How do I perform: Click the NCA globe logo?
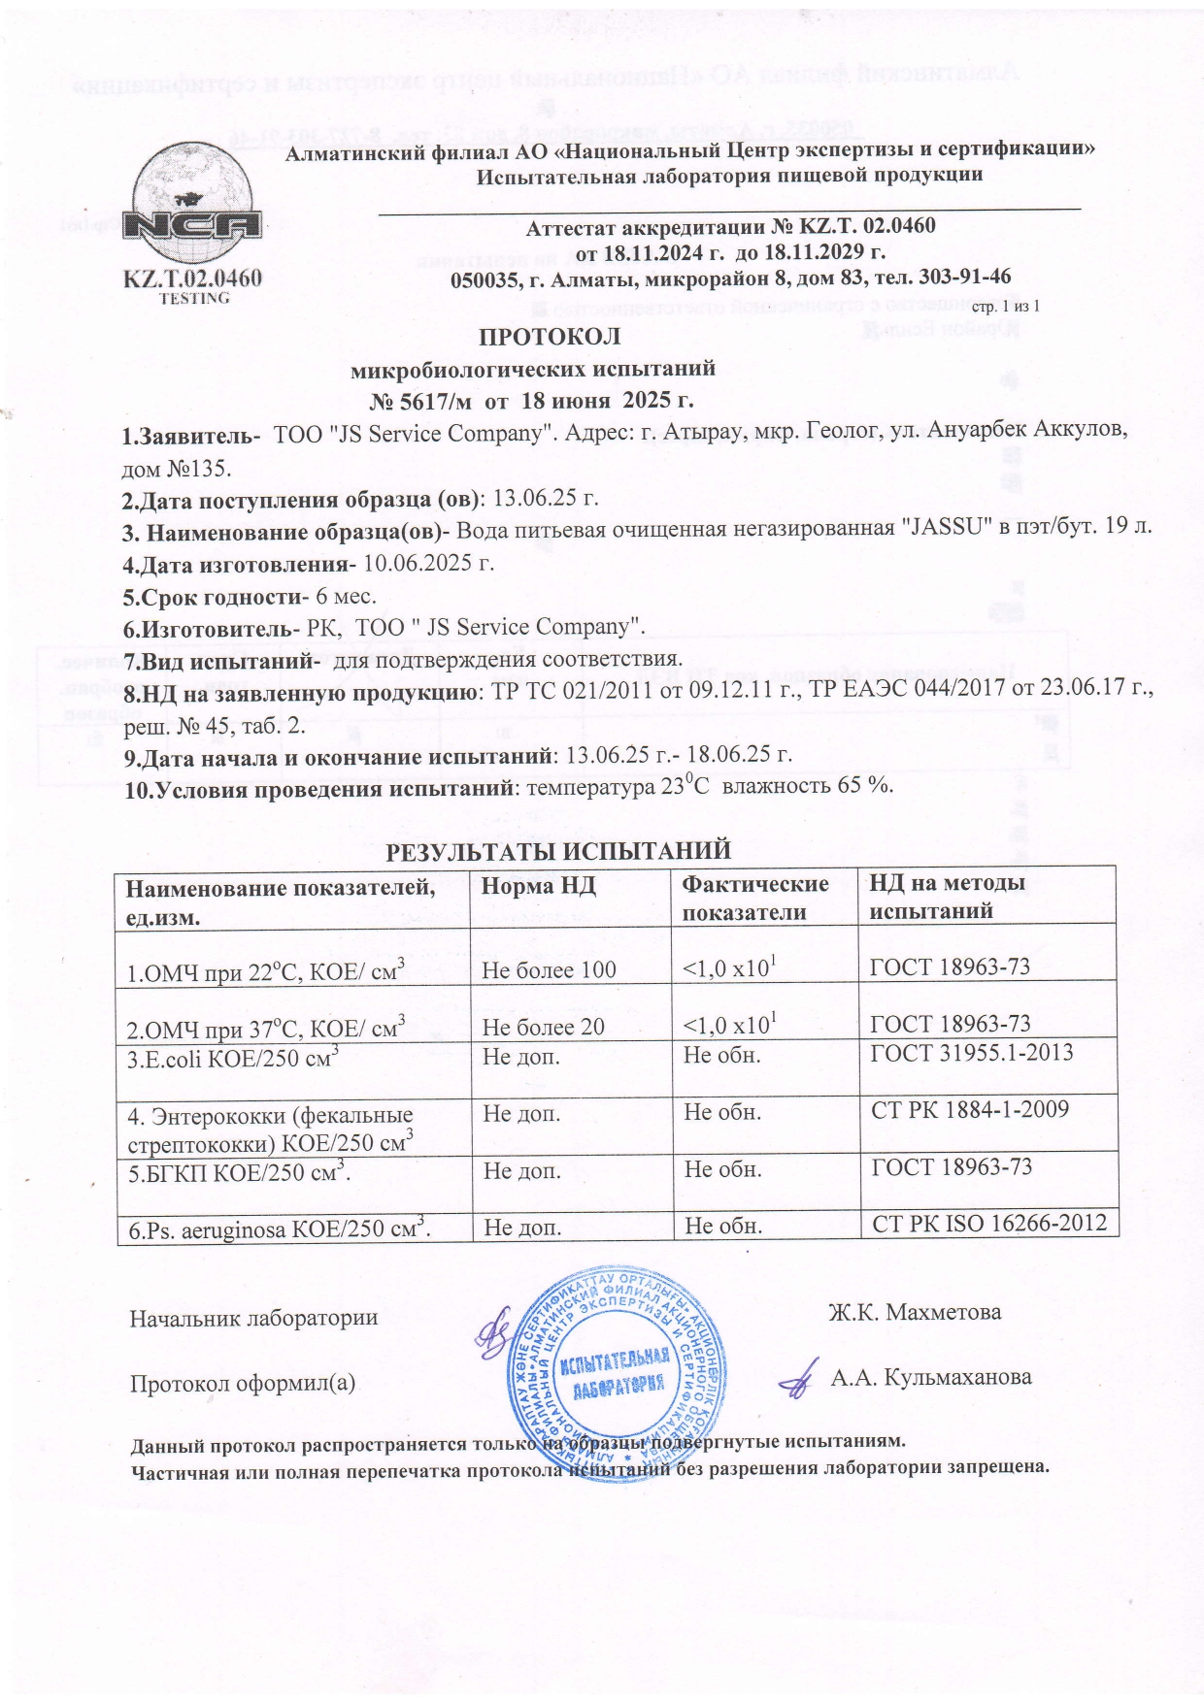pyautogui.click(x=194, y=208)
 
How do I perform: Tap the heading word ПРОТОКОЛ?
pyautogui.click(x=550, y=338)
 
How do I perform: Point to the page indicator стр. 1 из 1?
pyautogui.click(x=1006, y=307)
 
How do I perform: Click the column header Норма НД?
pyautogui.click(x=539, y=885)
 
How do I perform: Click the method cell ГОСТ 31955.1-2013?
pyautogui.click(x=971, y=1053)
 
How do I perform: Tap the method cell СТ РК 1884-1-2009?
pyautogui.click(x=969, y=1110)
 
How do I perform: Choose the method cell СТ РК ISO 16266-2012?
pyautogui.click(x=989, y=1223)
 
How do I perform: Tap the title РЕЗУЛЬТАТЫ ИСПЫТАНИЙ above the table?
pyautogui.click(x=558, y=852)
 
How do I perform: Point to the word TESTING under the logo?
pyautogui.click(x=194, y=298)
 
